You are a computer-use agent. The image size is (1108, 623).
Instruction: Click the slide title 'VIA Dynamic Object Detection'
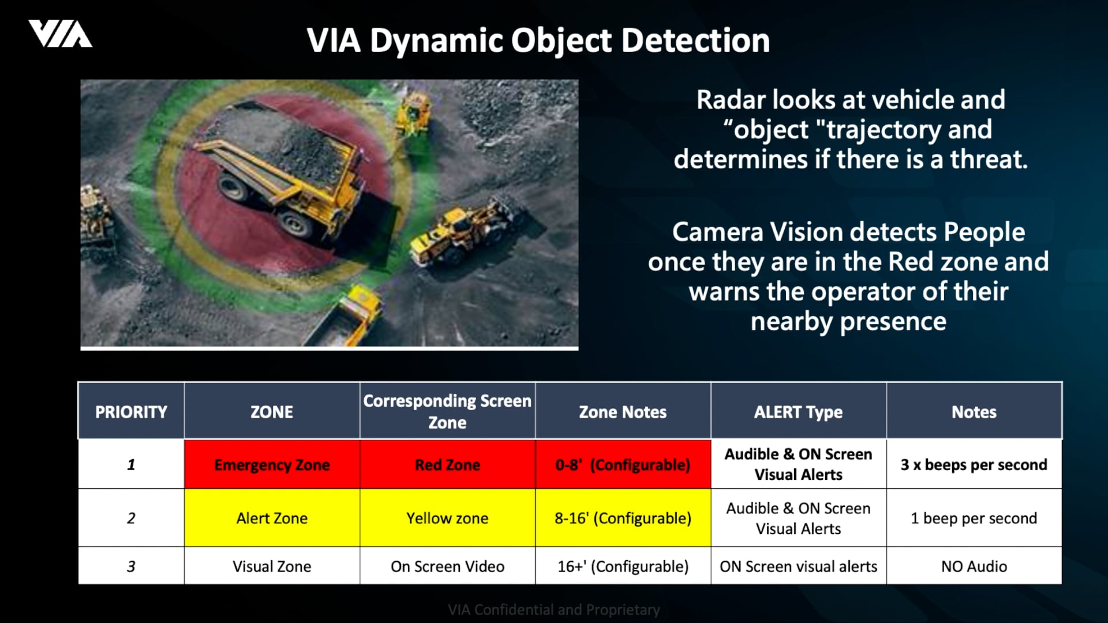538,41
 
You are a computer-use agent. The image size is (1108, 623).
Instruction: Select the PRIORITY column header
131,412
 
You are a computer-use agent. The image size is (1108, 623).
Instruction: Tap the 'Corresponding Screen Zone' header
447,411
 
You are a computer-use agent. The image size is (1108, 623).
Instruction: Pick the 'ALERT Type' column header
798,412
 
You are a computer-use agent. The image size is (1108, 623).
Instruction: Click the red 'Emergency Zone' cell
272,464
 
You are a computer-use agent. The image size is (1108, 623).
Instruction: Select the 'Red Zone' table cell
447,464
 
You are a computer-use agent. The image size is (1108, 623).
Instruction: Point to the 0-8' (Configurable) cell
623,464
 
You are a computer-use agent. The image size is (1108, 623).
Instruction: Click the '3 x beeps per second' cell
974,464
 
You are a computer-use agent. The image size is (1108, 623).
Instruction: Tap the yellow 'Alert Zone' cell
272,518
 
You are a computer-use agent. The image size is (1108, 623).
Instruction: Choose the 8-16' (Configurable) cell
623,518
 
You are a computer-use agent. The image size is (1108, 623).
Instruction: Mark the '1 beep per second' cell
974,518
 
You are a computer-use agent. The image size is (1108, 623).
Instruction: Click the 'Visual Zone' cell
272,566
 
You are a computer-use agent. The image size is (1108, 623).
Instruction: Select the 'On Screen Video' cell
447,566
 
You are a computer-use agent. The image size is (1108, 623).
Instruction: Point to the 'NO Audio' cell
974,566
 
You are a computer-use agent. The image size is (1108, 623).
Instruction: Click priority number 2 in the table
131,518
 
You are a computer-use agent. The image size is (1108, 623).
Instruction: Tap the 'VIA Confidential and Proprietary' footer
553,610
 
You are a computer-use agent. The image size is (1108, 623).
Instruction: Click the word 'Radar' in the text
730,100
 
